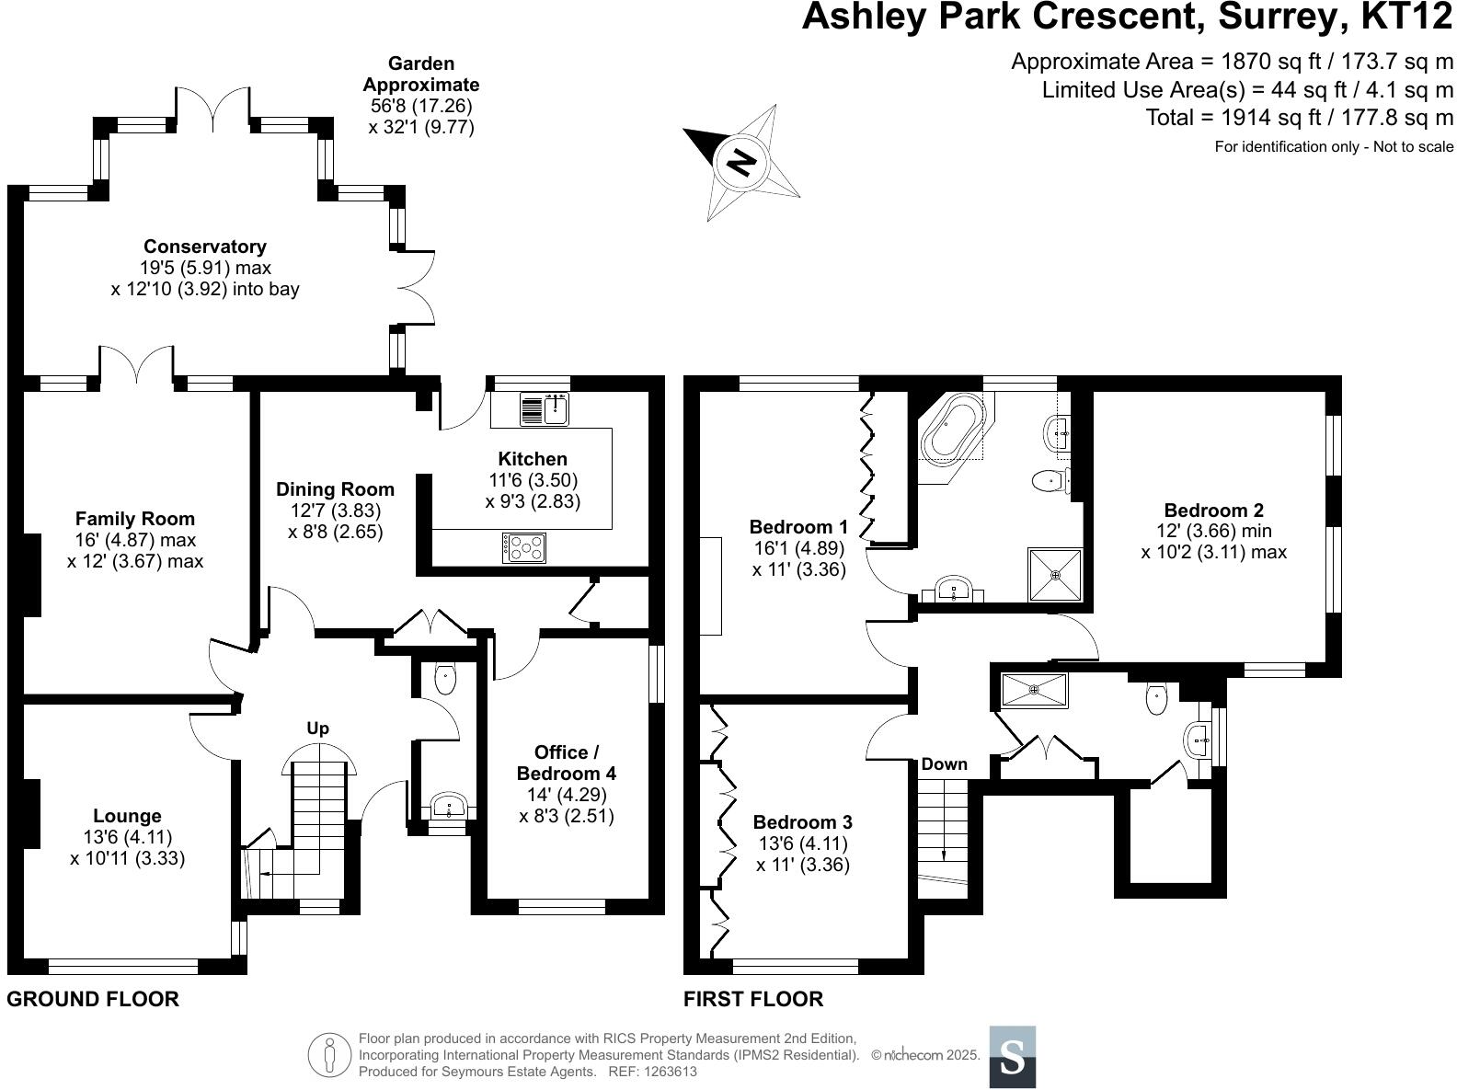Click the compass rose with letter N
point(741,164)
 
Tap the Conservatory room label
point(204,247)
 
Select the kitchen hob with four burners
point(524,548)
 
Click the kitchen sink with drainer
point(545,409)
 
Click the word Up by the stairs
point(317,729)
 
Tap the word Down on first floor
point(944,764)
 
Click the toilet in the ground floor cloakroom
point(445,679)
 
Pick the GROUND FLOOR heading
point(93,999)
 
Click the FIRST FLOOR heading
point(753,999)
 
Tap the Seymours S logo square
point(1012,1056)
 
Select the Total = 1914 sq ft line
point(1299,118)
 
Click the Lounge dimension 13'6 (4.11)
point(127,837)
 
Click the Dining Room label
point(335,489)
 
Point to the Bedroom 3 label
point(802,822)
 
